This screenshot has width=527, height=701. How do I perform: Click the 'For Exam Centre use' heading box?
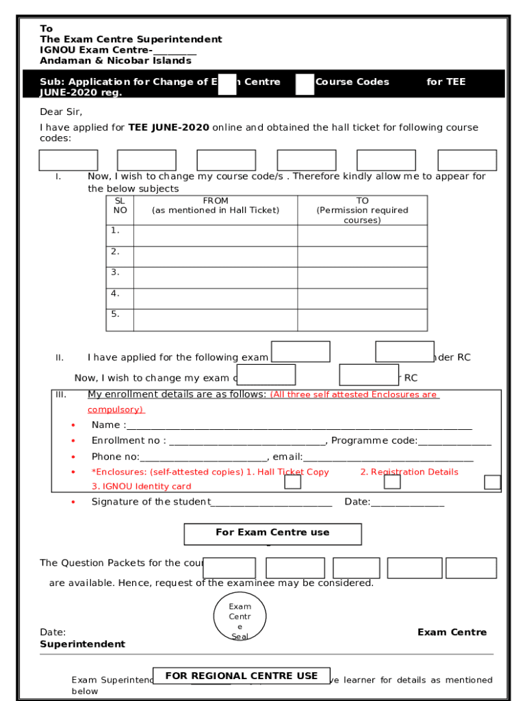pos(272,533)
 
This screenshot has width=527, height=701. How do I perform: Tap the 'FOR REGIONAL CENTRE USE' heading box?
pos(242,676)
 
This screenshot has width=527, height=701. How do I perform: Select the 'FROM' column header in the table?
pos(216,205)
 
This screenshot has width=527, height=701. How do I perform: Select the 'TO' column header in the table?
pos(362,210)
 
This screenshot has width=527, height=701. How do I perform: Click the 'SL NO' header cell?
pos(120,205)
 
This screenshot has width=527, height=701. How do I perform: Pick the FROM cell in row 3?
pos(216,277)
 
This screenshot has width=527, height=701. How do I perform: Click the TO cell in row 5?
pos(362,320)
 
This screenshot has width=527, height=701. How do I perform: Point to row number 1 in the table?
pos(116,231)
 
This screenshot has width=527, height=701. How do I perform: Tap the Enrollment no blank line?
pos(246,442)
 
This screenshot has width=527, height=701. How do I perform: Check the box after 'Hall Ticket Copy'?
pos(293,482)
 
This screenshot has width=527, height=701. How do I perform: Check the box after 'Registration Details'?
pos(392,482)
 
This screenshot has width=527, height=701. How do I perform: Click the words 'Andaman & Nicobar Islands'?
pos(116,61)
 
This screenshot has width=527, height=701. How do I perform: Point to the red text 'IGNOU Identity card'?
pos(142,487)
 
